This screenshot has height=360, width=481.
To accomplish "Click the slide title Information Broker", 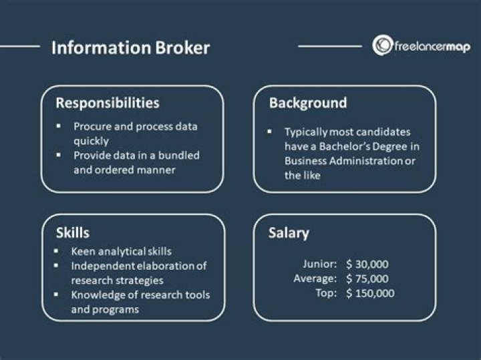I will click(x=130, y=48).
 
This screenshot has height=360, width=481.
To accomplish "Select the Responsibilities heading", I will click(x=108, y=103).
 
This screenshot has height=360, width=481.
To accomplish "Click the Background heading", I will click(x=307, y=103).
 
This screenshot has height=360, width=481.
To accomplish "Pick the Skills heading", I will click(x=73, y=232).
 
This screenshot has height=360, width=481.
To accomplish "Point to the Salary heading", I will click(x=289, y=232).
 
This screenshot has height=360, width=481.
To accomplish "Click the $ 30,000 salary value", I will click(x=367, y=264).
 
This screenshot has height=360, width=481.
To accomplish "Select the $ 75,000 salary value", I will click(x=367, y=279).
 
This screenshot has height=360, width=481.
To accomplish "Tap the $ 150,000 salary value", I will click(x=370, y=293).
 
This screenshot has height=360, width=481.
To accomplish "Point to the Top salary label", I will click(x=328, y=293).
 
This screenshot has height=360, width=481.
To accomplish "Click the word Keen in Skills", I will click(x=84, y=251).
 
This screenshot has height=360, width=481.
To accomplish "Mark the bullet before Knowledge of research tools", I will click(x=59, y=295).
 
